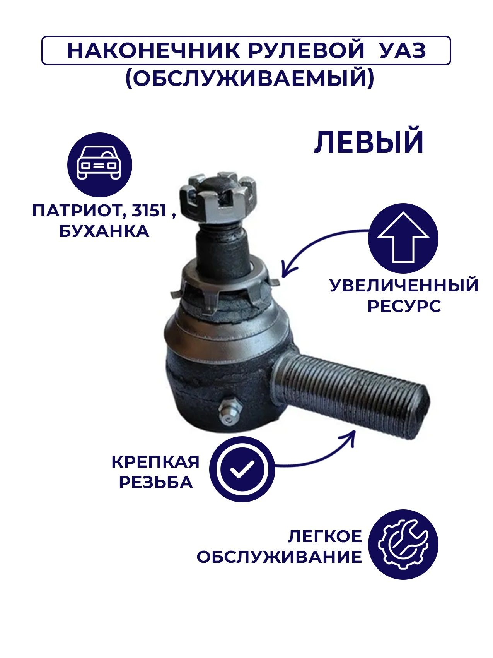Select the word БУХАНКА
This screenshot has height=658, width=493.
[104, 231]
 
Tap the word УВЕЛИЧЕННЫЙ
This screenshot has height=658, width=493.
[404, 286]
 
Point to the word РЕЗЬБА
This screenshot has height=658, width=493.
[156, 482]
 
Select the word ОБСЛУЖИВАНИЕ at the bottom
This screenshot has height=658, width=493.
[279, 557]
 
